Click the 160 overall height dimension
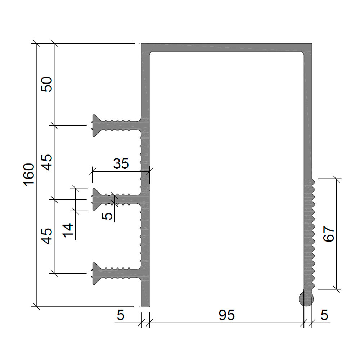pos(29,175)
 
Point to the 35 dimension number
pos(121,163)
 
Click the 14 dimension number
pos(68,230)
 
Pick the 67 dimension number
pos(329,234)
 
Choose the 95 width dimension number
pos(226,315)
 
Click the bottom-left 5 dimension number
pos(121,315)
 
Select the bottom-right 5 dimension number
pos(324,315)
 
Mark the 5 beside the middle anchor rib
pos(107,216)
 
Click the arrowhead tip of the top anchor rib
pos(93,125)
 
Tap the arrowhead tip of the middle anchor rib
pos(93,199)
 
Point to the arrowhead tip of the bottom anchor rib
pos(93,274)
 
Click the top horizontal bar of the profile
pos(226,47)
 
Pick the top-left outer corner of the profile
pos(141,44)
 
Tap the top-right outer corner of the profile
pos(312,44)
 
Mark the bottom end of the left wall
pos(145,306)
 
